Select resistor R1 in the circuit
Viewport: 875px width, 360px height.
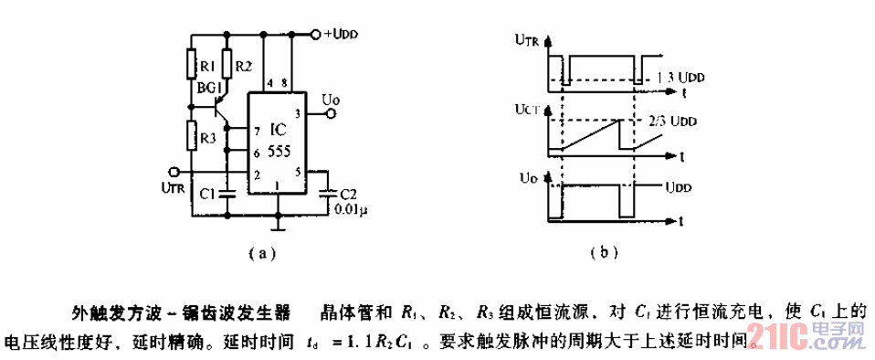coord(192,66)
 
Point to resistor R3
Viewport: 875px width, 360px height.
coord(192,136)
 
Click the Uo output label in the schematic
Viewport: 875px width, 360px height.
coord(332,96)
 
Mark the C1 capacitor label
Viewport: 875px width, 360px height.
coord(207,194)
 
